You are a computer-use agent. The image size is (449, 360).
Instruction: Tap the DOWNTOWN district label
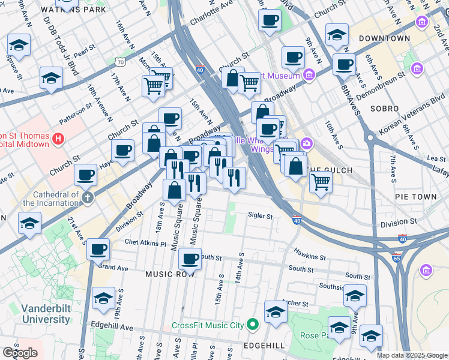coord(384,38)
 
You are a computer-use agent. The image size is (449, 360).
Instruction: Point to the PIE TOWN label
coord(416,197)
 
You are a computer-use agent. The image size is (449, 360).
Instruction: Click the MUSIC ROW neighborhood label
coord(167,274)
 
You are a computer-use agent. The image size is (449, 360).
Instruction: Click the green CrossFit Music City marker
coord(253,325)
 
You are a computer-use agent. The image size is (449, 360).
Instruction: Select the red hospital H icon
coord(58,140)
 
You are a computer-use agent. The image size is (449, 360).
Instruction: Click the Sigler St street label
coord(261,216)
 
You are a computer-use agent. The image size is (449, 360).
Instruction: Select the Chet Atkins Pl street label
coord(145,244)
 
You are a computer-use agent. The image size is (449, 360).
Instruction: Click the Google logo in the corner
coord(20,353)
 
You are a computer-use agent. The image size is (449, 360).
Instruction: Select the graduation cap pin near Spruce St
coord(19,46)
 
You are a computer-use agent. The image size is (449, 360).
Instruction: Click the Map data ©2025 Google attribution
coord(412,355)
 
